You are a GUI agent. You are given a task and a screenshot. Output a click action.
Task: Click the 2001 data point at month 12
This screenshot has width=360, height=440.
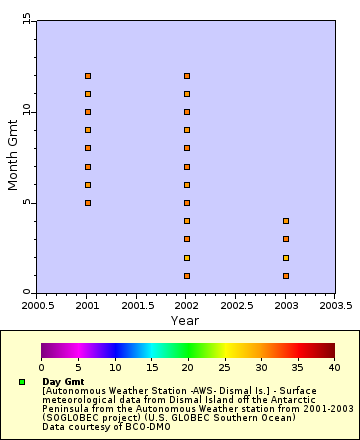click(x=88, y=76)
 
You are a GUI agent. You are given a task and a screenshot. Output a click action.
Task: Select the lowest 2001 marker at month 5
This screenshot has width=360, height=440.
click(x=88, y=203)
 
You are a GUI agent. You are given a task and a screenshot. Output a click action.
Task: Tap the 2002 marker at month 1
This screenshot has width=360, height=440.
click(x=187, y=276)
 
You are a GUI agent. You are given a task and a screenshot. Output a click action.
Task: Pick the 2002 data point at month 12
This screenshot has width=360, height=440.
click(x=187, y=76)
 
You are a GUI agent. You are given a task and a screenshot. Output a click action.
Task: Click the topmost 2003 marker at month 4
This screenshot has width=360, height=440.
click(x=286, y=221)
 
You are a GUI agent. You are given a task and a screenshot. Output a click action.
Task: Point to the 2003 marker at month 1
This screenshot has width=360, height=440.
click(x=286, y=276)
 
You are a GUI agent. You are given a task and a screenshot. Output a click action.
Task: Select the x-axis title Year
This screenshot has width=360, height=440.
click(x=184, y=320)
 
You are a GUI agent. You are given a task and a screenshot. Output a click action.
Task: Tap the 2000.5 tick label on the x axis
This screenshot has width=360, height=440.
click(x=38, y=306)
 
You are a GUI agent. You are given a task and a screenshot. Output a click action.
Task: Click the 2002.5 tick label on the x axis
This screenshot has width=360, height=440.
click(x=236, y=306)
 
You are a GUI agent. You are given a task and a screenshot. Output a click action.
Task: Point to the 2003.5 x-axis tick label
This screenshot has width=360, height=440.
click(x=334, y=306)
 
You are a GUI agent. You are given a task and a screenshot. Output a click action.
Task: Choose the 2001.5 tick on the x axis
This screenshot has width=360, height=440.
click(x=137, y=306)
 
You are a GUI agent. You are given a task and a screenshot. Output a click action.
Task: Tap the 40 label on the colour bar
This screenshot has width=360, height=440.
click(x=334, y=368)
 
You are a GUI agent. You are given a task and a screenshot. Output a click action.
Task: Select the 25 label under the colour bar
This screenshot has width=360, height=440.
click(x=224, y=368)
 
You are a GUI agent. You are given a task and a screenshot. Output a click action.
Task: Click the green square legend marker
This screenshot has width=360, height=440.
click(x=21, y=382)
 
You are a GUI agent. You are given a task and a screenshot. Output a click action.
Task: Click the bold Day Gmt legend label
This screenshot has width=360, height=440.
click(x=63, y=382)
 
